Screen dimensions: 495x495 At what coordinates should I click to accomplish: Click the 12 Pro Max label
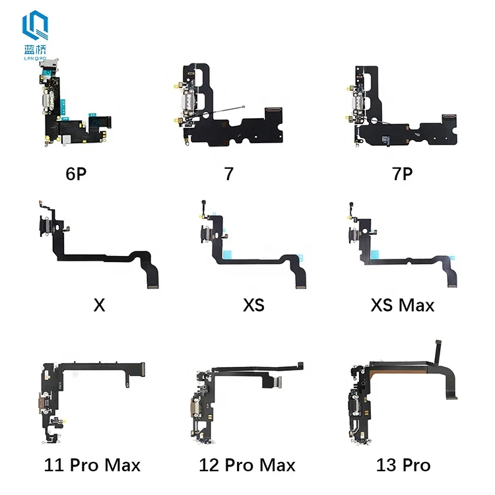click(x=247, y=465)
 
